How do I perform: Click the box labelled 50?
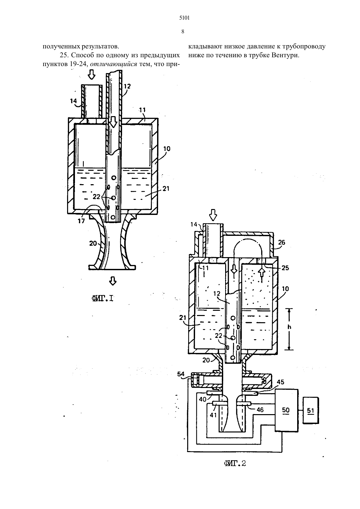tap(286, 410)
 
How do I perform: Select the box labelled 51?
tap(311, 410)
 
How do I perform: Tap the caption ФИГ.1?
tap(102, 298)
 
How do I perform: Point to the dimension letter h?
tap(289, 327)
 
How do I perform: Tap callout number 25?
tap(285, 268)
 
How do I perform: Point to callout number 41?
tap(213, 415)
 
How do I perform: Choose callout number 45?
tap(280, 382)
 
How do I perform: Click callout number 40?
tap(203, 399)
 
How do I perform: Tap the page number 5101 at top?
tap(184, 18)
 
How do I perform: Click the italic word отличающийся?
tap(114, 64)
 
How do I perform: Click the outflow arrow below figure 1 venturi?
tap(113, 281)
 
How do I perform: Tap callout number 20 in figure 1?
tap(93, 243)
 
